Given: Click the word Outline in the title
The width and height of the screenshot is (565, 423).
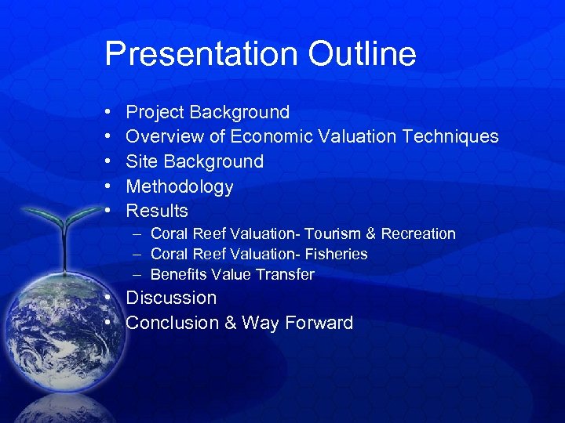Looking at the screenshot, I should pos(362,54).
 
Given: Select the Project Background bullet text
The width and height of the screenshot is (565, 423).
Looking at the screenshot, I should pos(207,112).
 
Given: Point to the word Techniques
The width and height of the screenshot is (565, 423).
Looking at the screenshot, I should pos(450,136).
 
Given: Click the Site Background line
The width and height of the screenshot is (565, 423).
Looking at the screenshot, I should pos(195,161).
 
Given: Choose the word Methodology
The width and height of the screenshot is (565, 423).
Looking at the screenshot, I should pos(180,186).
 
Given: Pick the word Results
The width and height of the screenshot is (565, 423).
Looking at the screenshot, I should pos(157,211).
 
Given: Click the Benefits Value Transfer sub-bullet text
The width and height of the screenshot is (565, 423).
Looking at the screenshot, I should pos(232,274).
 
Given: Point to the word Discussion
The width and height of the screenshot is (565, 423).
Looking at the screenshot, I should pos(171,298).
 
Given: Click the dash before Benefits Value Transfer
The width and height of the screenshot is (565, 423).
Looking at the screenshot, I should pos(137,274).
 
